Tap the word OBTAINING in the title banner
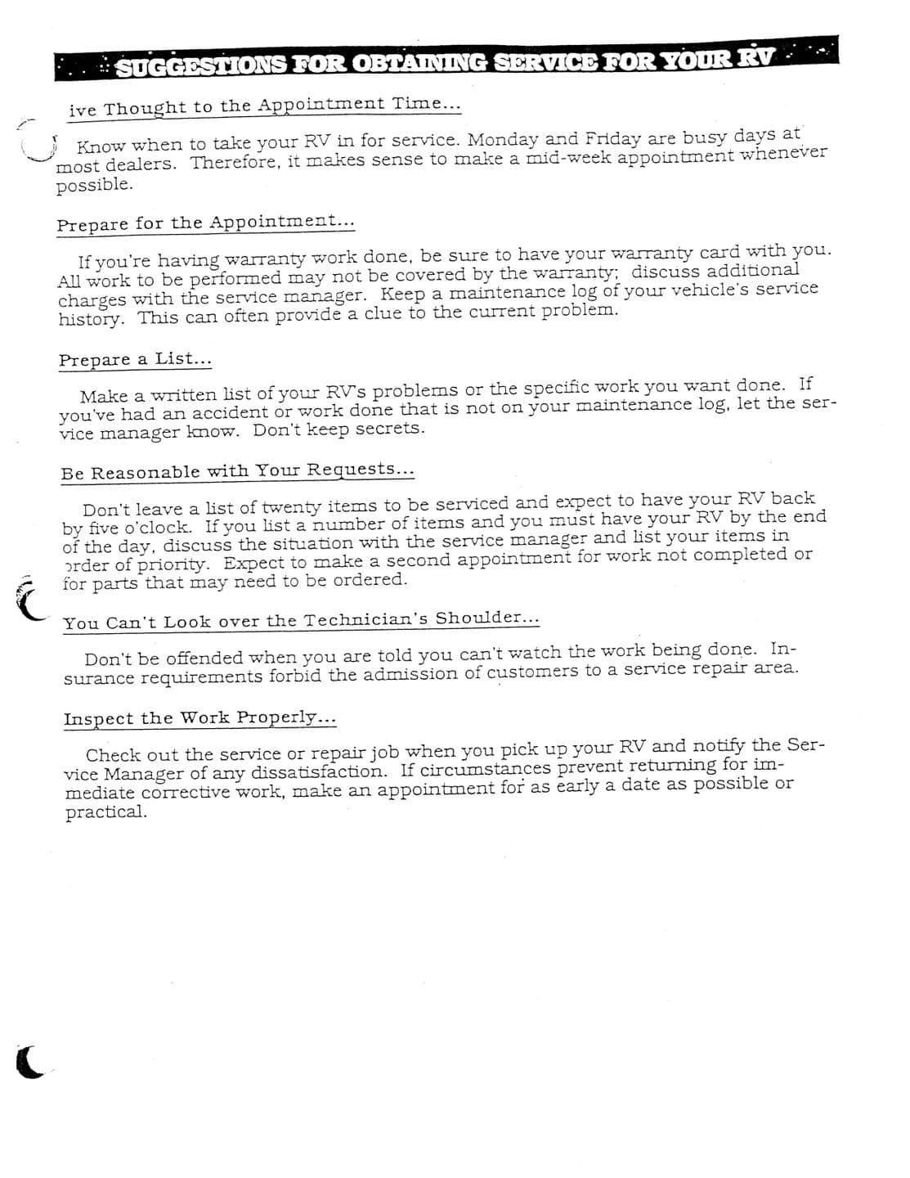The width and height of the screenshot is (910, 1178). tap(420, 63)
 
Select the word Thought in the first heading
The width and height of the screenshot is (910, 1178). tap(145, 108)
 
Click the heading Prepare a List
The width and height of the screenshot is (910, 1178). tap(135, 359)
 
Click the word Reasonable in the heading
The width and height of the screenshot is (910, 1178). tap(146, 473)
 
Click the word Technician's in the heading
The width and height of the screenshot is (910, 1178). tap(366, 619)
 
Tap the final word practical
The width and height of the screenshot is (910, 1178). tap(106, 812)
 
